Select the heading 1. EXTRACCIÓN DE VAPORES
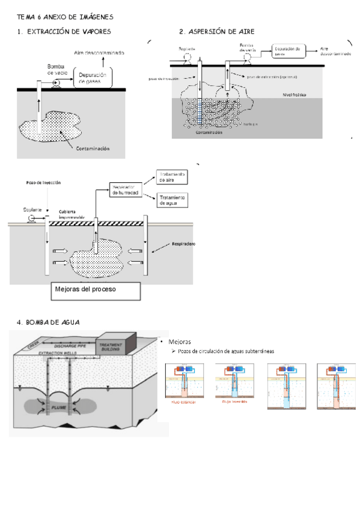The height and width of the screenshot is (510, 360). (64, 31)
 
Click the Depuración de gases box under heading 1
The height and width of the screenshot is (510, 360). (93, 77)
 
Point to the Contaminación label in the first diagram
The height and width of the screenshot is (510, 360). (90, 147)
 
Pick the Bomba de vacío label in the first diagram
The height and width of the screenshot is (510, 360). (58, 69)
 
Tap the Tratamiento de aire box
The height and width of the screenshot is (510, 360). (172, 177)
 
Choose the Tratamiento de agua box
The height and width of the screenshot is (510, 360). (172, 200)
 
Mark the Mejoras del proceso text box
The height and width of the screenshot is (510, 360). (96, 290)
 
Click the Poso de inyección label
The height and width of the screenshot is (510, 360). (43, 182)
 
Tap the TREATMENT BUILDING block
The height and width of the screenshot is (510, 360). (113, 346)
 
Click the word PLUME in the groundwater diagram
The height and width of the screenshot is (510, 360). (57, 407)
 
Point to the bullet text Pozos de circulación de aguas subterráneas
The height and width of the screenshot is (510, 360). (225, 351)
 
